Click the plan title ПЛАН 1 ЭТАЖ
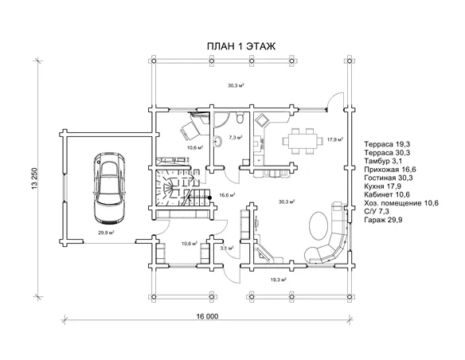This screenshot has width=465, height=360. pyautogui.click(x=240, y=46)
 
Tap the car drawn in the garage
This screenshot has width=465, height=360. pyautogui.click(x=109, y=188)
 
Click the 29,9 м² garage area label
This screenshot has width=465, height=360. pyautogui.click(x=107, y=233)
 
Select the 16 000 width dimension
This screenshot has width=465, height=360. pyautogui.click(x=207, y=316)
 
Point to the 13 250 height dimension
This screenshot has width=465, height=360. pyautogui.click(x=34, y=178)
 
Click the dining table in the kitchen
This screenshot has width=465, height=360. pyautogui.click(x=302, y=140)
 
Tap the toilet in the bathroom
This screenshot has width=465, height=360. pyautogui.click(x=240, y=117)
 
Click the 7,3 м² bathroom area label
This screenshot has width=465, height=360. pyautogui.click(x=236, y=138)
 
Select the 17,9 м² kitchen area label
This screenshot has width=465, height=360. pyautogui.click(x=335, y=139)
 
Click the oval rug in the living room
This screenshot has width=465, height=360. pyautogui.click(x=318, y=225)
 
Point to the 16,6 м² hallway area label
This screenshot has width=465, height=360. pyautogui.click(x=227, y=195)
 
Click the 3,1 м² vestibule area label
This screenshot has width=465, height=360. pyautogui.click(x=227, y=248)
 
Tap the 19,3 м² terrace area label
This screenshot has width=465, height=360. pyautogui.click(x=279, y=280)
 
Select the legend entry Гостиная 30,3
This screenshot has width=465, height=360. pyautogui.click(x=389, y=178)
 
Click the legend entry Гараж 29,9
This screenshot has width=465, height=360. pyautogui.click(x=383, y=220)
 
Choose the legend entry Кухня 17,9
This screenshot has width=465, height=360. pyautogui.click(x=382, y=186)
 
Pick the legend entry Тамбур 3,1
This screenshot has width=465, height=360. pyautogui.click(x=384, y=161)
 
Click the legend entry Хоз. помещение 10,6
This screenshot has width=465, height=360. pyautogui.click(x=401, y=203)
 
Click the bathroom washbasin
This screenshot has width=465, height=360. pyautogui.click(x=217, y=141)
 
